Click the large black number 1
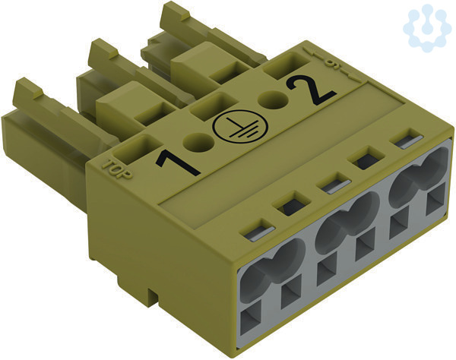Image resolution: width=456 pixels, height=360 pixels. click(x=177, y=163)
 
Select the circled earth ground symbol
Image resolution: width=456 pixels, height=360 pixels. click(x=240, y=128)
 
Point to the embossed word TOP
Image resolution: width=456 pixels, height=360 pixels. click(x=117, y=169)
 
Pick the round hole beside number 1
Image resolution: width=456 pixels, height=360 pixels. click(x=198, y=142)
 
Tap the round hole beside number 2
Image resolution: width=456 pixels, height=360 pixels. click(x=274, y=100)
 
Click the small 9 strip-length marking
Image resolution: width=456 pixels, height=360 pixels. click(x=330, y=62)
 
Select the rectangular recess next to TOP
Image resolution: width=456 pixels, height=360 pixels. click(x=138, y=148)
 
